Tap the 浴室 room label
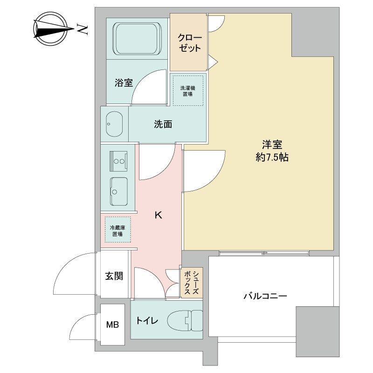[124, 83]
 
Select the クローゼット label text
[190, 43]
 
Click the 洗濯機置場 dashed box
[188, 90]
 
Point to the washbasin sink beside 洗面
[114, 124]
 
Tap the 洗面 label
[163, 124]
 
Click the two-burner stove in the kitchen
[118, 161]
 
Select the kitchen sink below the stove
[119, 192]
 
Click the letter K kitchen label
[159, 215]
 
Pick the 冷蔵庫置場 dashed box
[118, 229]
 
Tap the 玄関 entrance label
[114, 276]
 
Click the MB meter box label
[112, 325]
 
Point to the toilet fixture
[185, 320]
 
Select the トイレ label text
[147, 320]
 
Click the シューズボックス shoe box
[192, 283]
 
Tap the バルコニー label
[265, 296]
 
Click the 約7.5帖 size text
[272, 157]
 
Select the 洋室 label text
[272, 145]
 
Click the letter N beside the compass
[83, 29]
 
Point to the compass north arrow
[54, 29]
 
